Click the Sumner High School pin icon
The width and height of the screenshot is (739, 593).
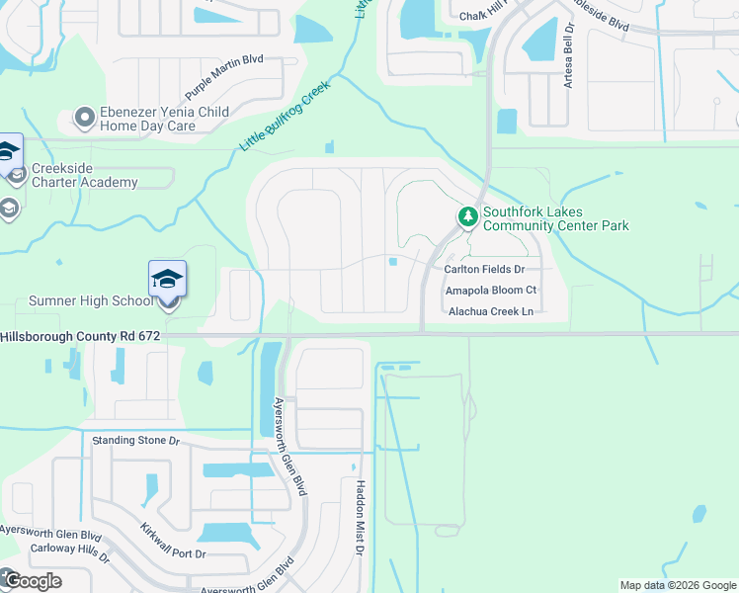point(168,281)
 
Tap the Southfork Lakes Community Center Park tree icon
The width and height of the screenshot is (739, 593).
point(467,214)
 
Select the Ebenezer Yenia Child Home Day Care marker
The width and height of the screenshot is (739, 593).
point(84,119)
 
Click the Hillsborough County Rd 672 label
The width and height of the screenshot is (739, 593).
point(80,336)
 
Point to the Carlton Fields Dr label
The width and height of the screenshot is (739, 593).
point(484,269)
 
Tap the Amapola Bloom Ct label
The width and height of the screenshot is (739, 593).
point(490,290)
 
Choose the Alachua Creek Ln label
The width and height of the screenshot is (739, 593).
point(491,311)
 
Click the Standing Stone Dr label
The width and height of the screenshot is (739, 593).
point(136,440)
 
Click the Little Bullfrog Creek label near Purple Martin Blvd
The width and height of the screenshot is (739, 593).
point(285,116)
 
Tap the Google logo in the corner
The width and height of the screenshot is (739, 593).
point(32,580)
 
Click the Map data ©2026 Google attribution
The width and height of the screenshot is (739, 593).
point(678,585)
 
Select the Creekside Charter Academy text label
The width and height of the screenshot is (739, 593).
point(84,175)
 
